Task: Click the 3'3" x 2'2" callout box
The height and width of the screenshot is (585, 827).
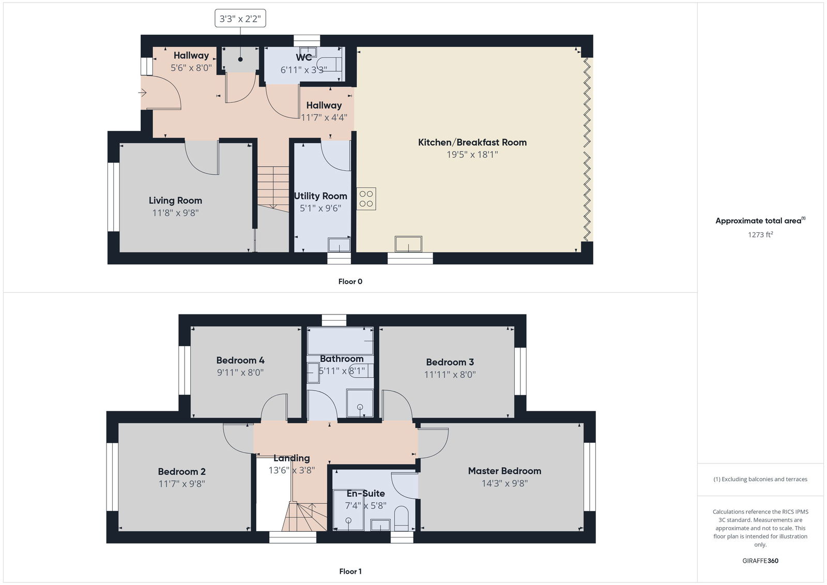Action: pos(240,19)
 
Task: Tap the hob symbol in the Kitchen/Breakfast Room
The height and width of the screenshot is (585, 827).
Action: pos(366,199)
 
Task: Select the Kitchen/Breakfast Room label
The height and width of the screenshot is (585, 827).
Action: pos(472,142)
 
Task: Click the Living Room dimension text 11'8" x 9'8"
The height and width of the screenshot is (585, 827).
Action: pos(175,213)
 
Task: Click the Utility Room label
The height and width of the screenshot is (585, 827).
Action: pos(320,196)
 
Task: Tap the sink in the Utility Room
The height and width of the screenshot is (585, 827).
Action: pos(339,244)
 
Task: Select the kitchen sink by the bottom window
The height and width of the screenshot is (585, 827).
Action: pos(408,244)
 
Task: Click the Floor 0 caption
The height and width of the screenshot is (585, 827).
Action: pos(350,281)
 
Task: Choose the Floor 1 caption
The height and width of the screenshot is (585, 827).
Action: pos(350,571)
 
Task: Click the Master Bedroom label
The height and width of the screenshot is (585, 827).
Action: pos(504,471)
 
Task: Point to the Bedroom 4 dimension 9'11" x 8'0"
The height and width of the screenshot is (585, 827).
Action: pos(240,372)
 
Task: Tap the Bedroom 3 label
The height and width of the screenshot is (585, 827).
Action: pos(450,362)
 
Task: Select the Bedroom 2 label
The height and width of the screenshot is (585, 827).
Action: pos(181,471)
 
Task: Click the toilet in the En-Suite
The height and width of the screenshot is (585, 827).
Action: pos(402,518)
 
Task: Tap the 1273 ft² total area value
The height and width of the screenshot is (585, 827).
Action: pos(760,234)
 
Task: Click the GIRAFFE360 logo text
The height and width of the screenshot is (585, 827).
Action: pos(760,561)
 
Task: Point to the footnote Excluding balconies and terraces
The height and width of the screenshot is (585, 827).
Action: pos(760,479)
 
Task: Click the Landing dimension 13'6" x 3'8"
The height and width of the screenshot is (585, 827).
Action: pos(292,470)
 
